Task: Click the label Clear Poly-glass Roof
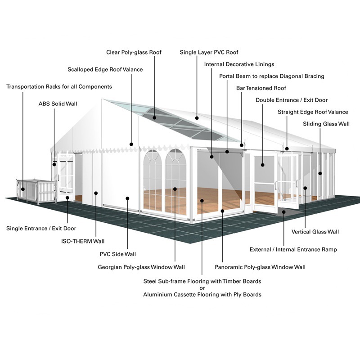coord(134,53)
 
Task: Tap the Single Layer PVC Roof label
coord(209,53)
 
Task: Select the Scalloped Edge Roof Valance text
coord(105,70)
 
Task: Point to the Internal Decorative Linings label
coord(239,64)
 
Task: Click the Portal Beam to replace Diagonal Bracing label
coord(271,76)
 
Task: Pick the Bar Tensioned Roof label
coord(261,88)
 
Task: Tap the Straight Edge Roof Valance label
coord(313,112)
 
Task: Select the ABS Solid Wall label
coord(58,104)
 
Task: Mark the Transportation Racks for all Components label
coord(59,86)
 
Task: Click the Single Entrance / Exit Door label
coord(41,229)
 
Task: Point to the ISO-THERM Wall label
coord(83,241)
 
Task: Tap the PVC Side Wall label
coord(117,254)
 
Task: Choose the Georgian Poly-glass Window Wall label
coord(141,267)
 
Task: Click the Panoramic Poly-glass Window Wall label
coord(260,267)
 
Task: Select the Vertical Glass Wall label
coord(315,232)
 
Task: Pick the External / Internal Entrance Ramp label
coord(293,249)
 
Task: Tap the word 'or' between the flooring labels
coord(202,288)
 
